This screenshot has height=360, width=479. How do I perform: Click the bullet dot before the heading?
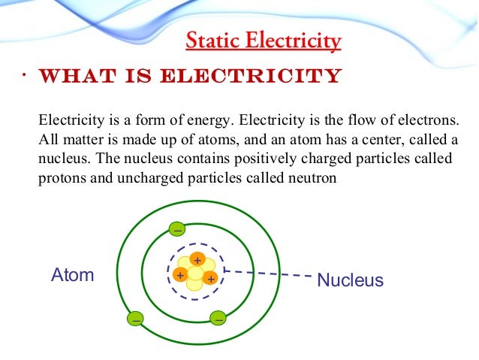(24, 75)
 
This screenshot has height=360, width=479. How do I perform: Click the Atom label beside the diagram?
(72, 275)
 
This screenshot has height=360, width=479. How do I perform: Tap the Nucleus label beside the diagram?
(350, 281)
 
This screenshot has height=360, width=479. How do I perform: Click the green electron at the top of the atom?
(176, 228)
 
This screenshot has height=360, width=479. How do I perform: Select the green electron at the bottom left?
(136, 319)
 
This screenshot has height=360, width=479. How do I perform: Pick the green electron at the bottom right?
(218, 318)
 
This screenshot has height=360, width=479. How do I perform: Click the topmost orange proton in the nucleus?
(197, 259)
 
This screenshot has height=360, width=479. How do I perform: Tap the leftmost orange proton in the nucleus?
(180, 275)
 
